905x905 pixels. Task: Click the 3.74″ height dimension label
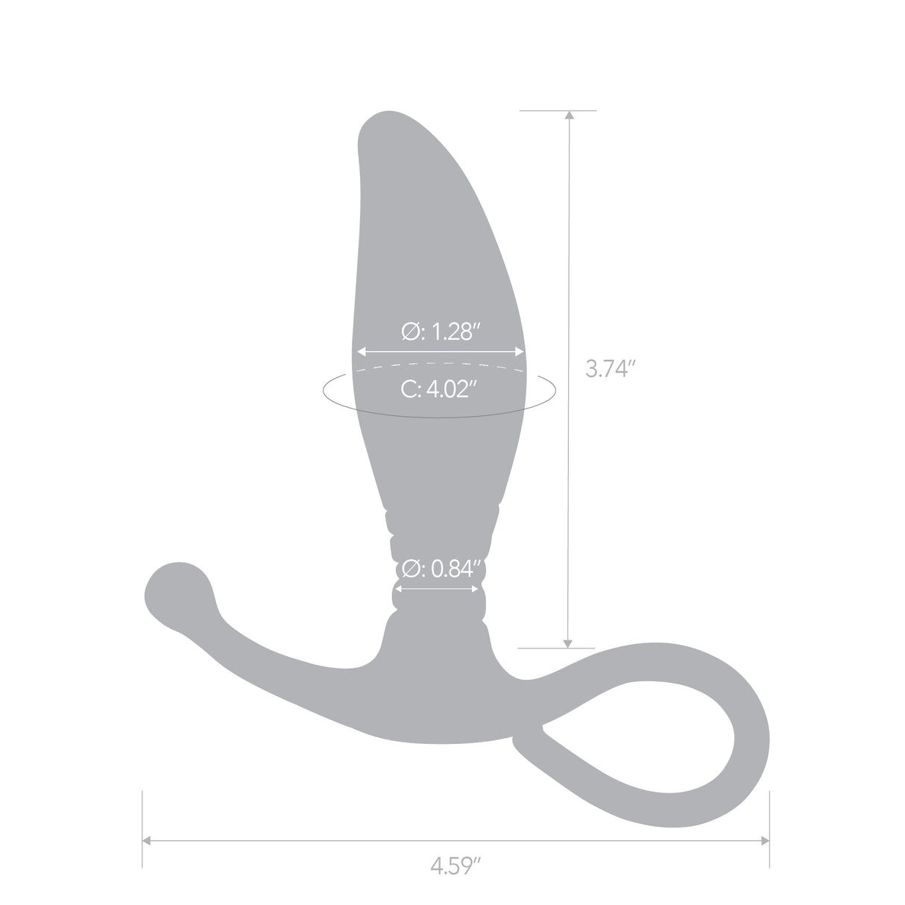pyautogui.click(x=610, y=369)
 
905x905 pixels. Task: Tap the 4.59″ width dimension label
pyautogui.click(x=455, y=867)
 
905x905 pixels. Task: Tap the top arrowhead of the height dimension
pyautogui.click(x=569, y=116)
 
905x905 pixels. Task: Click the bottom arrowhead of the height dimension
pyautogui.click(x=569, y=643)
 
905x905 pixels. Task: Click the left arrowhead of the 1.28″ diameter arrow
pyautogui.click(x=361, y=351)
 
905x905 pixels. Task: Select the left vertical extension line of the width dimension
pyautogui.click(x=142, y=827)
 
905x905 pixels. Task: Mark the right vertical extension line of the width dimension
pyautogui.click(x=769, y=827)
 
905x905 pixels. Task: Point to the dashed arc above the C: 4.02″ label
pyautogui.click(x=440, y=365)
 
